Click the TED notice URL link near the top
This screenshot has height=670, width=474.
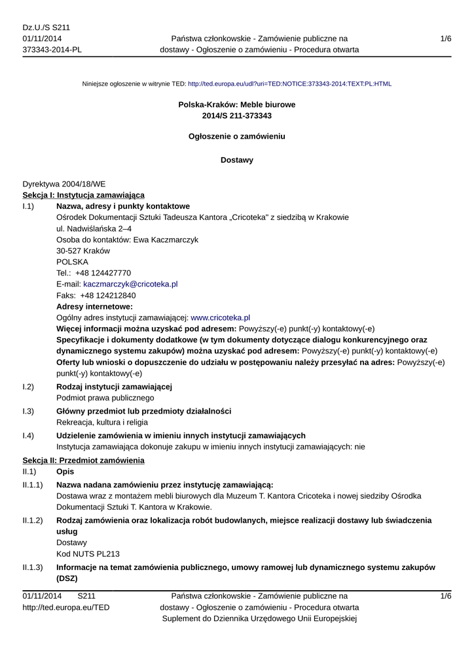tap(289, 84)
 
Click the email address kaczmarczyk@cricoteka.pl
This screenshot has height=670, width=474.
tap(130, 285)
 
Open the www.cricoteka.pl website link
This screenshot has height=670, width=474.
tap(221, 317)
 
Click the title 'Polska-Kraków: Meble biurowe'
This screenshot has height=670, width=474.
tap(237, 105)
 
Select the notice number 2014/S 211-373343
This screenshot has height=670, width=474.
tap(237, 116)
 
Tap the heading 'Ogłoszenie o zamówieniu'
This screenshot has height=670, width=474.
tap(237, 137)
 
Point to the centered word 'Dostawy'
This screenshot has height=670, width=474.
tap(237, 160)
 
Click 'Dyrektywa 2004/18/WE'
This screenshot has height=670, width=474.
tap(64, 185)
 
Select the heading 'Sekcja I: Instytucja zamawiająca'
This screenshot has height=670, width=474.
tap(84, 195)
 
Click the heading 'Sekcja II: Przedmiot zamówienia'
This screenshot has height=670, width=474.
tap(83, 461)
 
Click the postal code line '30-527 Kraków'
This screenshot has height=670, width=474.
tap(83, 251)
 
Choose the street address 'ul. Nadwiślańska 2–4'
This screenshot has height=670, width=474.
tap(94, 229)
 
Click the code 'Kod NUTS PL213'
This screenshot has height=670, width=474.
tap(88, 554)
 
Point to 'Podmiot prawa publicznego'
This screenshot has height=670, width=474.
tap(105, 398)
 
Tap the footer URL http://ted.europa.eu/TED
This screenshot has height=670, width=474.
tap(66, 608)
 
